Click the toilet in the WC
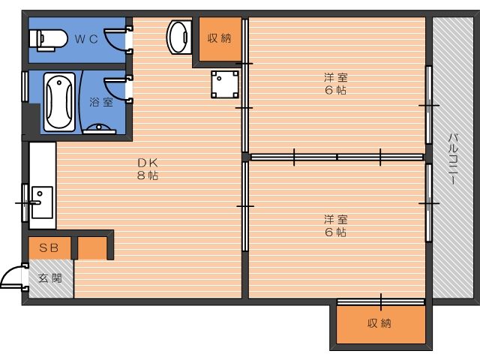coord(48,40)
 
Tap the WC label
coord(87,39)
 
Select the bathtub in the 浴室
coord(59,102)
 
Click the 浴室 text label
coord(101,102)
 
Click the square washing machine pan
coord(225,85)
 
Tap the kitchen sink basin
coord(42,202)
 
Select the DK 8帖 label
coord(148,169)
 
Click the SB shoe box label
coord(49,247)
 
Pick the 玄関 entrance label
coord(50,278)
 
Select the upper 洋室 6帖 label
coord(336,83)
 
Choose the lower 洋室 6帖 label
coord(336,226)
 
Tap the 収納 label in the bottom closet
coord(379,323)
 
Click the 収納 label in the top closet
coord(220,38)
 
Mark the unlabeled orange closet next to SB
coord(93,247)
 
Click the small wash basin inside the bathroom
coord(99,129)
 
